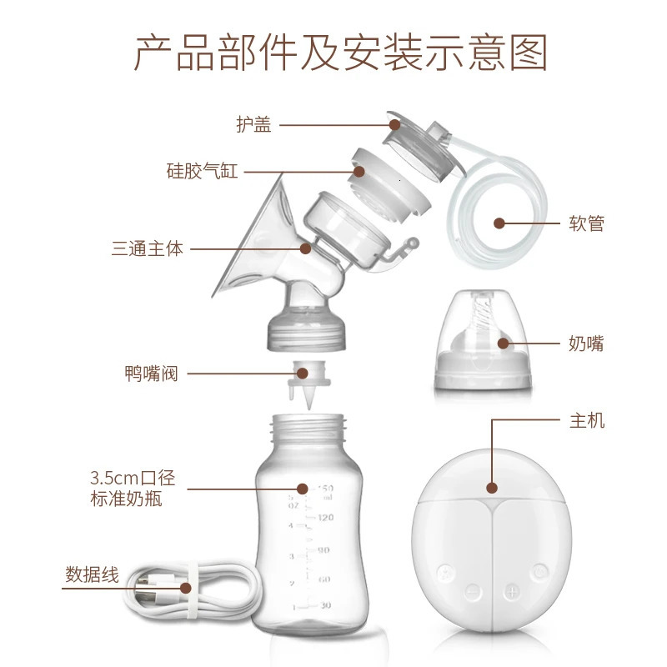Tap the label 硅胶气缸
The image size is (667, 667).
(202, 172)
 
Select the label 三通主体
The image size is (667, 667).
(147, 248)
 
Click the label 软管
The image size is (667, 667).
(586, 223)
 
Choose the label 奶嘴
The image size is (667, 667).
(586, 344)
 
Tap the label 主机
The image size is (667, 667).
(586, 421)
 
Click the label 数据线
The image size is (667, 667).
(92, 575)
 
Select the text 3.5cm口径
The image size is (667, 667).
(133, 480)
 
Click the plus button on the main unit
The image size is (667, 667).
(511, 590)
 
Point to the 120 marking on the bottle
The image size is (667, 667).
(325, 518)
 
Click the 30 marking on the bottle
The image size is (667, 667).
(325, 606)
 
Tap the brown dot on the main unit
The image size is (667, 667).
(492, 489)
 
